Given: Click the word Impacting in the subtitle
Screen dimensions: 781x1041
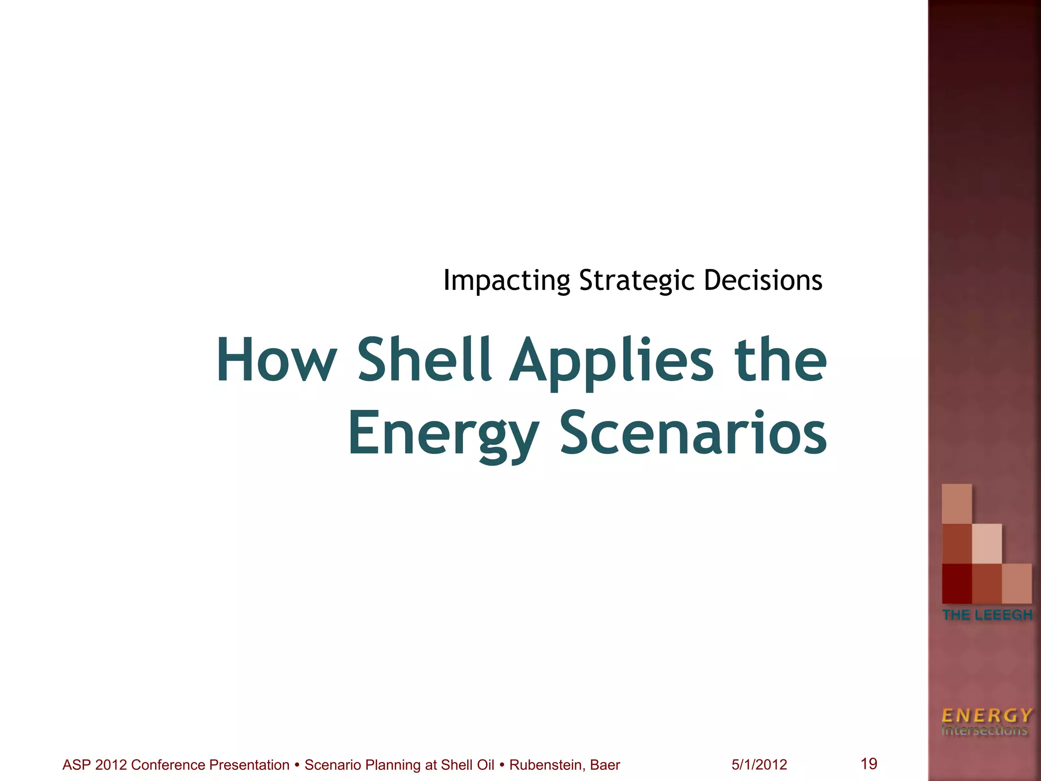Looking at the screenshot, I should click(507, 281).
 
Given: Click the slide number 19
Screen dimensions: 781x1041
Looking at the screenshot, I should click(869, 763).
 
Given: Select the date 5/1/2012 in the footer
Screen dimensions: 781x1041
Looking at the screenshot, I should click(759, 765).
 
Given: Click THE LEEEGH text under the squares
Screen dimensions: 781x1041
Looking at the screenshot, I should click(987, 615).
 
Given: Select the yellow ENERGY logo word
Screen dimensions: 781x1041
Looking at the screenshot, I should click(987, 715).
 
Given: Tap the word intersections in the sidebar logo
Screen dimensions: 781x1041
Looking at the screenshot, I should click(984, 731).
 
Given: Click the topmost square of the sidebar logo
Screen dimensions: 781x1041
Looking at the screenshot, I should click(957, 503).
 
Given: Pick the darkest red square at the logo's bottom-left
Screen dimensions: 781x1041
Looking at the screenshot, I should click(957, 583).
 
